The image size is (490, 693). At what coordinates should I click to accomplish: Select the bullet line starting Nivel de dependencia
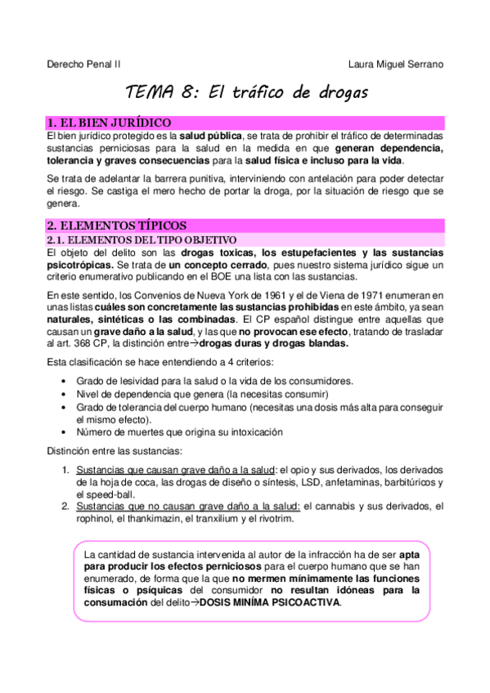(x=191, y=393)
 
